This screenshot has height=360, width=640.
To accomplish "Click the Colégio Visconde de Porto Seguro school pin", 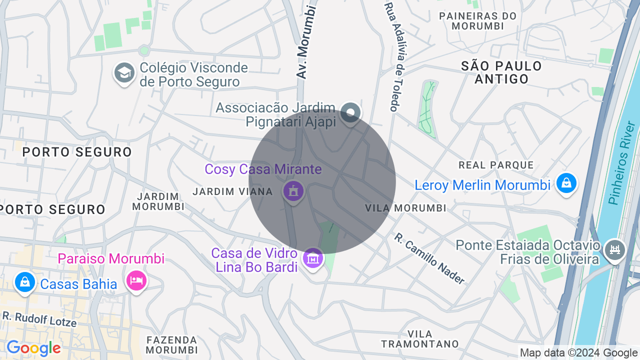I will tap(124, 73).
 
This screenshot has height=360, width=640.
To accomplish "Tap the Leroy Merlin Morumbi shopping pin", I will tap(566, 183).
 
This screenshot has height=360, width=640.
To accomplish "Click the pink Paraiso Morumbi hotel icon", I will tap(136, 280).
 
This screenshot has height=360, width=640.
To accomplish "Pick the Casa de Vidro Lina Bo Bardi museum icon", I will tap(313, 258).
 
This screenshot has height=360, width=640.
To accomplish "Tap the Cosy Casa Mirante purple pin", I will tap(293, 191).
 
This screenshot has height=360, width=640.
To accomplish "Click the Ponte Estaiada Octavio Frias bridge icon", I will tap(614, 249).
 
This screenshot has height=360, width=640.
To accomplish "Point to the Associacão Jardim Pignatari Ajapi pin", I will tap(350, 113).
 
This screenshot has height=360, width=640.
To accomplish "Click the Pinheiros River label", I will tap(620, 170).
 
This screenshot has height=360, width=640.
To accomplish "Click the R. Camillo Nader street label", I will tap(429, 258).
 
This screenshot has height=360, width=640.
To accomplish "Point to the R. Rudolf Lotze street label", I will tap(39, 318).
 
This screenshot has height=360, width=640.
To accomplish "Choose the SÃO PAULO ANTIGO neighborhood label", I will tap(501, 72).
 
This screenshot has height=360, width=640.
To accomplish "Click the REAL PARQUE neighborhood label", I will tap(496, 165).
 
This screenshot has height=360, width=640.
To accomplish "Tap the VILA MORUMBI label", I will tap(405, 208).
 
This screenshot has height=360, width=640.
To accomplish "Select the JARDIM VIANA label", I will tap(232, 191).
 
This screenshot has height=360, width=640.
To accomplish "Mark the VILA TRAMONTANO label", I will tap(420, 339).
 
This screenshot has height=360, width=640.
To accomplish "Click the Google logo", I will tap(33, 348).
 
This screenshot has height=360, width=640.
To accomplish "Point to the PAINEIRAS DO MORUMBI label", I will tap(477, 21).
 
